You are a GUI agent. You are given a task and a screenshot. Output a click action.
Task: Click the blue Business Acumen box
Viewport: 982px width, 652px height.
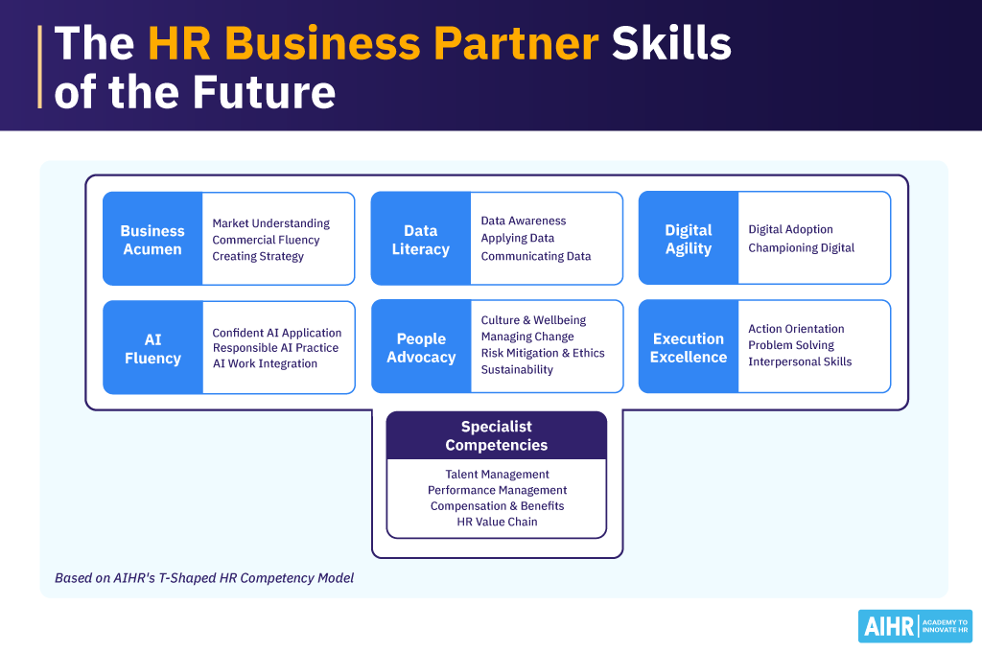click(152, 240)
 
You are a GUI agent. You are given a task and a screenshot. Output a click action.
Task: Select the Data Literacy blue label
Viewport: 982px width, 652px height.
click(420, 240)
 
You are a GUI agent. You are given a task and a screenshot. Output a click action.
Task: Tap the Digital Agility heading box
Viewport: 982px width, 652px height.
click(689, 239)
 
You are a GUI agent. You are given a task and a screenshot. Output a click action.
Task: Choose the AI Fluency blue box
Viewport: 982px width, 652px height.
click(152, 348)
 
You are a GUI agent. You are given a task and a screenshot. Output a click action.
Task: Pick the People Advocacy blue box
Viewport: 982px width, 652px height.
click(420, 347)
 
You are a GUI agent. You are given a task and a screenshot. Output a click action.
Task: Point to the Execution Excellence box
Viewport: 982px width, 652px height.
click(689, 347)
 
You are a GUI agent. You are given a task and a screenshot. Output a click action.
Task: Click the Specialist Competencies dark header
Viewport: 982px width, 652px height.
click(497, 435)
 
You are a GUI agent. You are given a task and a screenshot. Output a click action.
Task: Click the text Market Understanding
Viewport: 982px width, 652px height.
click(270, 223)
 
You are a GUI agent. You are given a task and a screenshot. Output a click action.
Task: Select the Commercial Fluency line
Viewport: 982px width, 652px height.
click(266, 240)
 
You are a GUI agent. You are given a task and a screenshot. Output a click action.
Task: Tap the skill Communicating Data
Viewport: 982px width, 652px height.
click(535, 256)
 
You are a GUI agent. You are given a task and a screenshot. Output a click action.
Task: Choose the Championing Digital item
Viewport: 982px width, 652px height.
click(801, 247)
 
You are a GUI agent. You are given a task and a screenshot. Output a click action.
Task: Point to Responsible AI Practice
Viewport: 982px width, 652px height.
click(275, 348)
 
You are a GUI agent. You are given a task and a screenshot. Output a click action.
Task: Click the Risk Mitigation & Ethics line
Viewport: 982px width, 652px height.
click(543, 353)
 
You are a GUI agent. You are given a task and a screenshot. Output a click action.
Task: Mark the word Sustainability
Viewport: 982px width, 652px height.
click(517, 369)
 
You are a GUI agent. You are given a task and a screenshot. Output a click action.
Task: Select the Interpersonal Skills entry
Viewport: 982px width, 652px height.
click(800, 361)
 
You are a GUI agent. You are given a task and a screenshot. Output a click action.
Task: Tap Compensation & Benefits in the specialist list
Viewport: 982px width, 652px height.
click(497, 505)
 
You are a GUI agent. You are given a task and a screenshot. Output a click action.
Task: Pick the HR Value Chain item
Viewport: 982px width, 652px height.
click(497, 522)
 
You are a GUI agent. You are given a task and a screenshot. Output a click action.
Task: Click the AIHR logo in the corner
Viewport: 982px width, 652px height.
click(915, 626)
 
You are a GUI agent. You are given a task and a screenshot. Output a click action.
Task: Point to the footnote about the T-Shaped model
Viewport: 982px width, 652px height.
click(204, 578)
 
